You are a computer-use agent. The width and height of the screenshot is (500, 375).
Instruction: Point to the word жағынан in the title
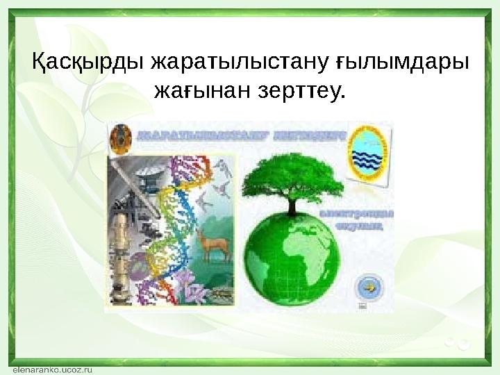[195, 90]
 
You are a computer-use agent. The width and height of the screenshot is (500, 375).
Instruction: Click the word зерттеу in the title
[295, 90]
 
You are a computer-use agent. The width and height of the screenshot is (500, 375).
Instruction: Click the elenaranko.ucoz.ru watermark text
[51, 369]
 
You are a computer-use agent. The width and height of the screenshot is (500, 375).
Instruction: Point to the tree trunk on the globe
[292, 204]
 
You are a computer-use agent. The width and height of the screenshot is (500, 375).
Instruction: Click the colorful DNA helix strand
[174, 222]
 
